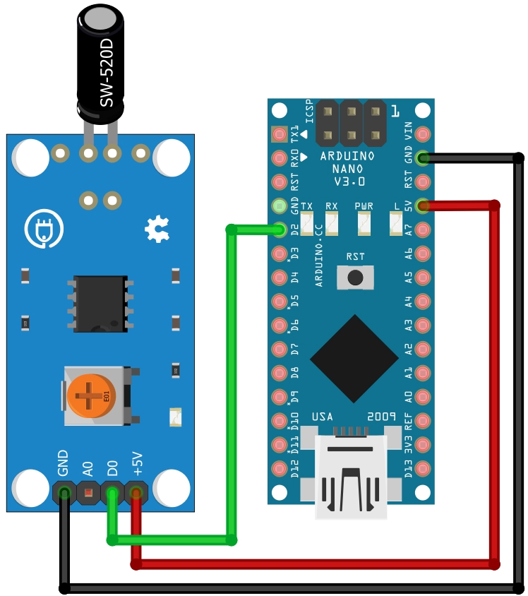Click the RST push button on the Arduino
pos(355,276)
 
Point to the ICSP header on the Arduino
pos(351,121)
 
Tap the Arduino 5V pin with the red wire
pos(423,205)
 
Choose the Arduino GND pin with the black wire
pos(423,157)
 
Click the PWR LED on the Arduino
pos(364,224)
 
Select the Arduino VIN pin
pos(423,133)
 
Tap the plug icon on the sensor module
pos(44,230)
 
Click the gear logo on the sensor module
pos(156,230)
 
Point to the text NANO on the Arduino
pos(347,169)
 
